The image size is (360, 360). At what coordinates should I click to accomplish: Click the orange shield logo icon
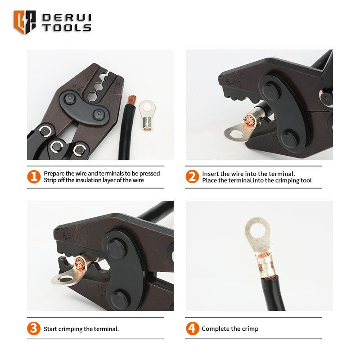coord(25,22)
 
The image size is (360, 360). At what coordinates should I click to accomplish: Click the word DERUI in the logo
coord(67,18)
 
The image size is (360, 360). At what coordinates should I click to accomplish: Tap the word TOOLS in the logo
coord(67,28)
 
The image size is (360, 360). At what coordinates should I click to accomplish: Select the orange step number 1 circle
coord(34,176)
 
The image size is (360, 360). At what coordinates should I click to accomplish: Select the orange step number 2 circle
coord(192,176)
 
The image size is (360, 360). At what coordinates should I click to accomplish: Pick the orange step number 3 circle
coord(34,328)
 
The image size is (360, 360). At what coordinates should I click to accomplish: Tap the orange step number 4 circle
coord(193,328)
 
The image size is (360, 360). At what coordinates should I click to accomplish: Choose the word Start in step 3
coord(50,329)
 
